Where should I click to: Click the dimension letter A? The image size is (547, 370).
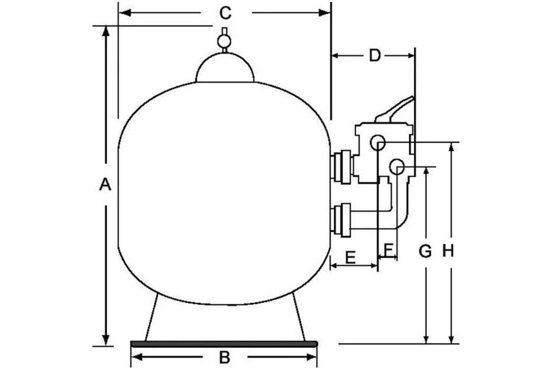point(106,184)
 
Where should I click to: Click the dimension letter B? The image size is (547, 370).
point(225,357)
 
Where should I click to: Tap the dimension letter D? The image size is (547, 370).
point(375,55)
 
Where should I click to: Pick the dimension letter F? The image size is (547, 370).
point(388,248)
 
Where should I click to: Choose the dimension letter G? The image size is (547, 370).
point(425,252)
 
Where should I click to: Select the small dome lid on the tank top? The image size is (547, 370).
point(225,69)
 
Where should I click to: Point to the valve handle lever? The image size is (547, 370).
point(394,110)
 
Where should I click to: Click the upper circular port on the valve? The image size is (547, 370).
point(377,142)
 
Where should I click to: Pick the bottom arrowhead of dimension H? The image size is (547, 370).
point(451,338)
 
